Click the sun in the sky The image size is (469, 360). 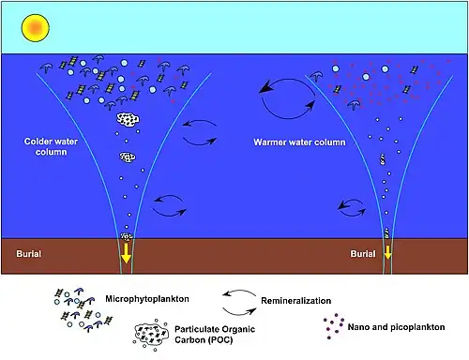pos(35,28)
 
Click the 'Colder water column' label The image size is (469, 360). pos(51,146)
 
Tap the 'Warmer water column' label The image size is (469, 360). pos(299,142)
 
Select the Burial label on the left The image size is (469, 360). pos(29,253)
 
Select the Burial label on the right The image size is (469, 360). pos(363,253)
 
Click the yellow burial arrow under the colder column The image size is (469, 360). pos(127,253)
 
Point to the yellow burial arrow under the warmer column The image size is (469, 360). pos(387,252)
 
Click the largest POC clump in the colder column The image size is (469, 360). pos(128,119)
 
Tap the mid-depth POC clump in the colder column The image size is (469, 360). pos(128,157)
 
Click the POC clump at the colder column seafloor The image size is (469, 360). pos(127,236)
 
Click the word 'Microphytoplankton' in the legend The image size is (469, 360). pos(147,299)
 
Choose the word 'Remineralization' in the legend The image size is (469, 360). pos(295,301)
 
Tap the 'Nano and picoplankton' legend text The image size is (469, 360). pos(396,327)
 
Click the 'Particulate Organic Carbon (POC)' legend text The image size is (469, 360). pos(215,335)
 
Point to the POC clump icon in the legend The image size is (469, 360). pos(151,334)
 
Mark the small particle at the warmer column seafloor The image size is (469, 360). pos(387,232)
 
